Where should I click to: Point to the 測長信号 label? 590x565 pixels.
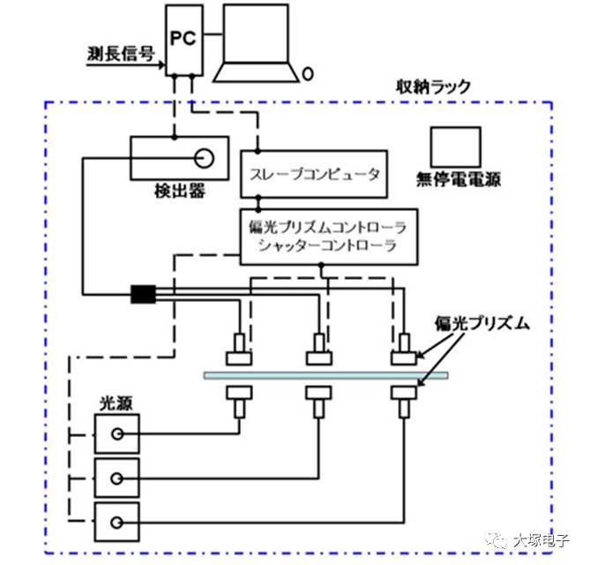click(x=120, y=52)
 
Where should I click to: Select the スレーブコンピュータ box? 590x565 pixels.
click(x=312, y=174)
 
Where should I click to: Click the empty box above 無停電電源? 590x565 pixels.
click(x=455, y=147)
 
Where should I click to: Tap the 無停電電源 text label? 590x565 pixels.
click(x=459, y=180)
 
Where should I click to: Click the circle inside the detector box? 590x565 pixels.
click(x=204, y=160)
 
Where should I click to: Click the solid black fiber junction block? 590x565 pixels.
click(x=142, y=293)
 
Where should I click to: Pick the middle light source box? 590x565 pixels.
click(x=116, y=478)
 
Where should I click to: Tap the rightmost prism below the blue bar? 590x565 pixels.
click(x=405, y=400)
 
